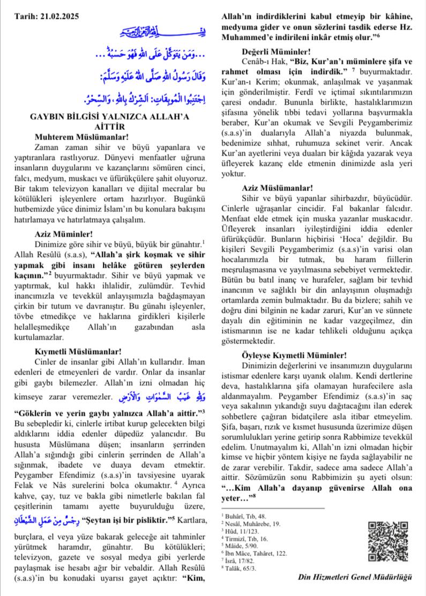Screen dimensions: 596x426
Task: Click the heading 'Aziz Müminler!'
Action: (x=64, y=234)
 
